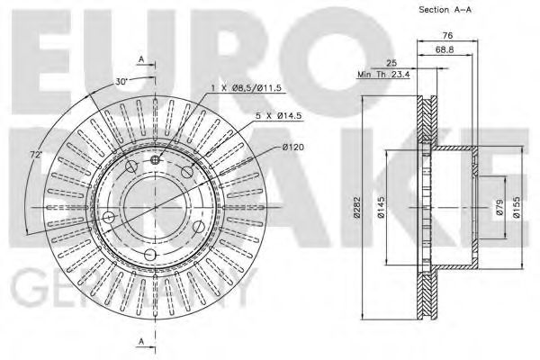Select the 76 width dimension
446,37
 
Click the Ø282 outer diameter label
358,209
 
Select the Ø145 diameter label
382,209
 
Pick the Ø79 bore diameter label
499,209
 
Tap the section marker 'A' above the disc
141,59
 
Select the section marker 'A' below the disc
141,339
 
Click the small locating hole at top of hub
155,160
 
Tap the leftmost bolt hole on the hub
110,217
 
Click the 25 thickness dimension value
390,63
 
